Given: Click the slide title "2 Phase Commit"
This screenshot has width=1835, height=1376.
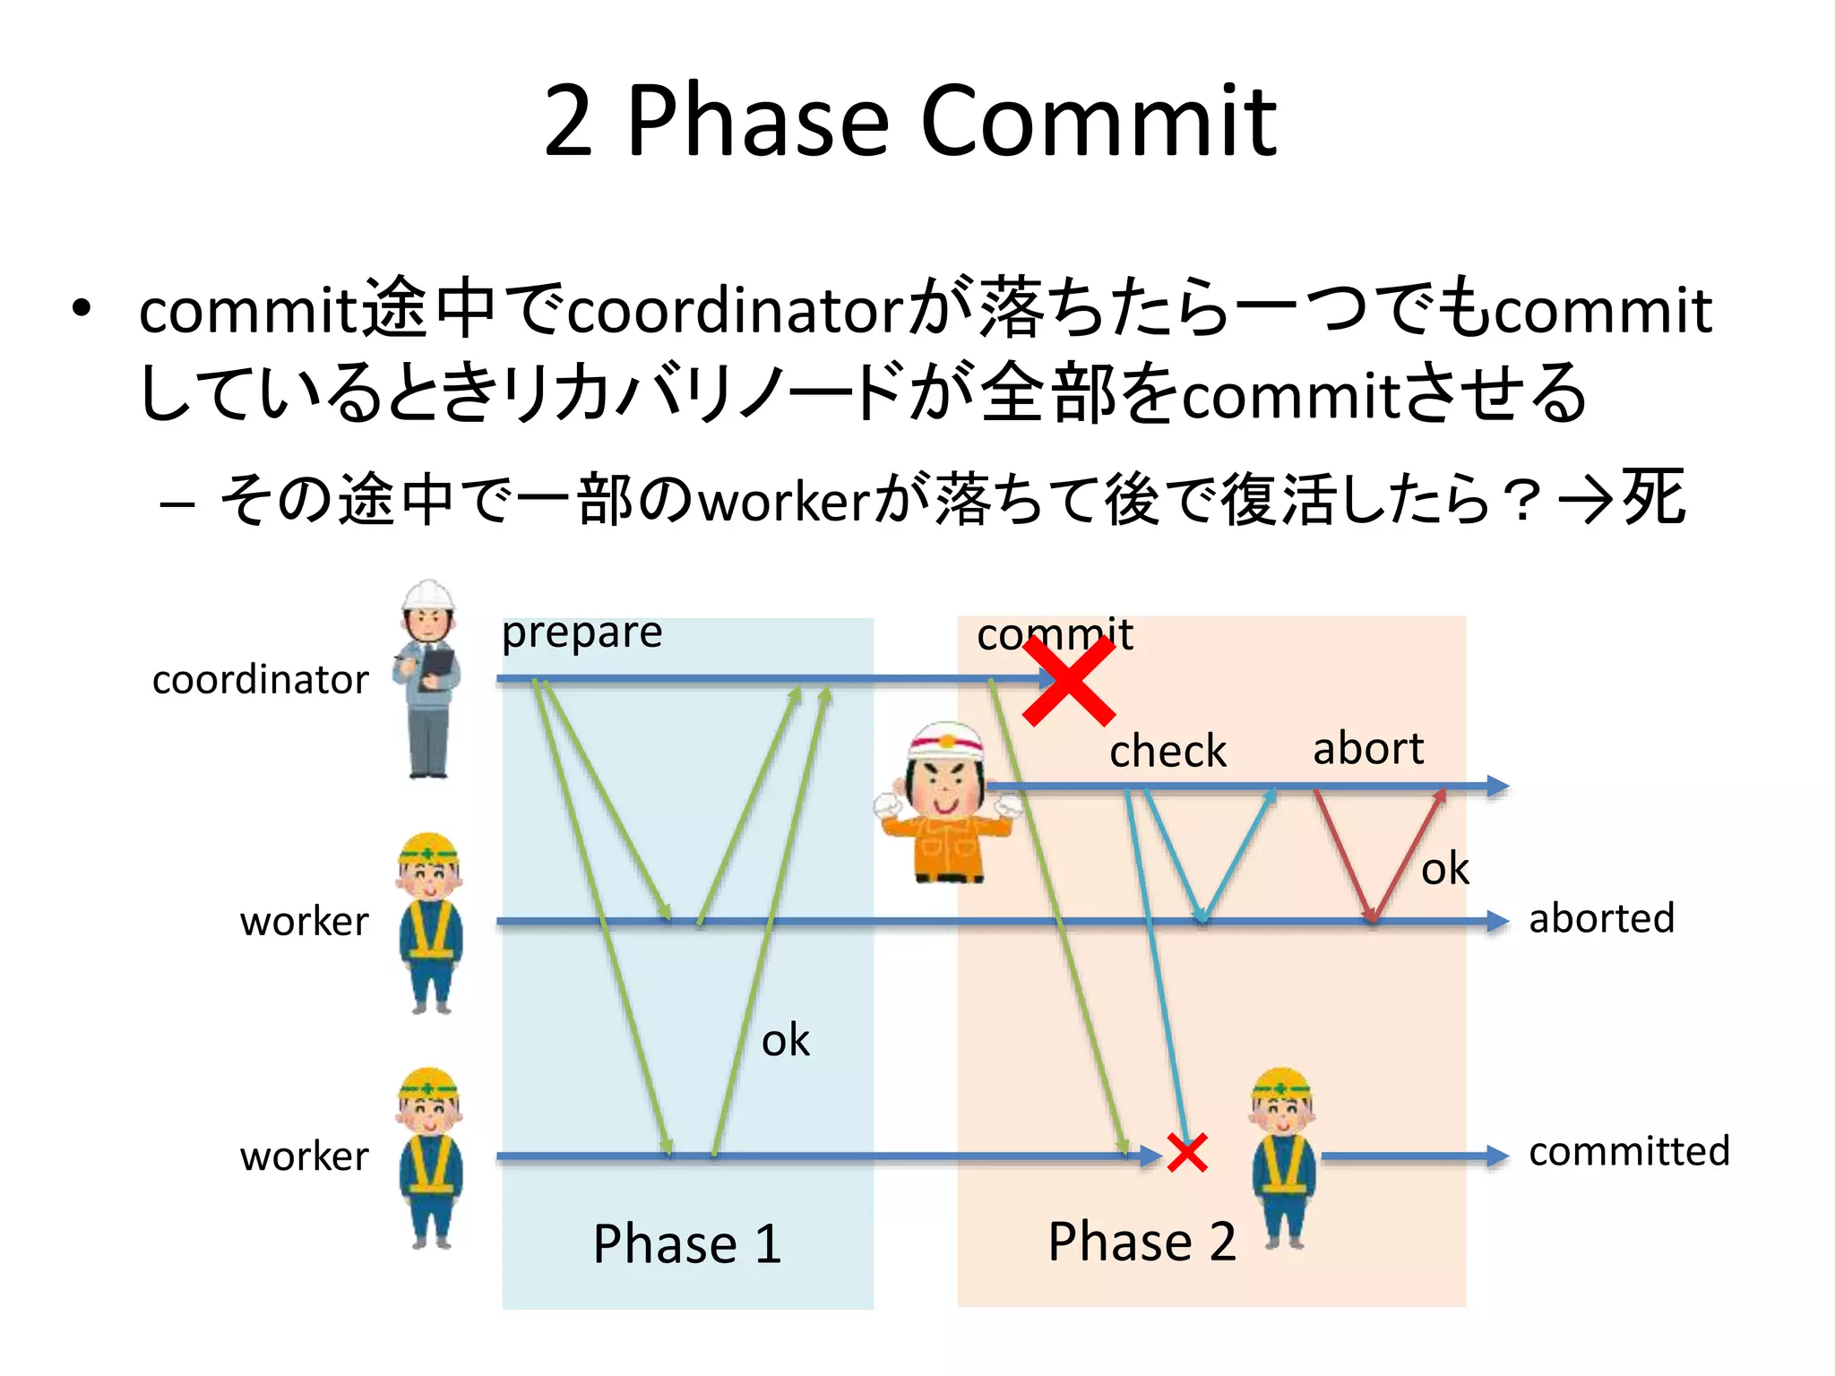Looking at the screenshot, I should tap(909, 120).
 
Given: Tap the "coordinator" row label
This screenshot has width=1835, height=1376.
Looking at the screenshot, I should tap(260, 680).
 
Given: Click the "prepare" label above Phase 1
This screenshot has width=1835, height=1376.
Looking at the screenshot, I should tap(582, 633).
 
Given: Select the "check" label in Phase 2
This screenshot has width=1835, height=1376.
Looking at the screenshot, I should tap(1167, 751).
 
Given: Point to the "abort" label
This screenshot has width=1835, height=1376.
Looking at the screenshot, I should tap(1367, 749).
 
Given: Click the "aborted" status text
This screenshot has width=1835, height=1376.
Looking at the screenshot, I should tap(1601, 919).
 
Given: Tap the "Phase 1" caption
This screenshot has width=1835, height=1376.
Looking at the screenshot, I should tap(687, 1243).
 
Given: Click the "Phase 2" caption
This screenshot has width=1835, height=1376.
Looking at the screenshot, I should tap(1141, 1242).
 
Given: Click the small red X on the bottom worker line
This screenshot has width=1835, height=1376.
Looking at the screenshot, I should tap(1187, 1153).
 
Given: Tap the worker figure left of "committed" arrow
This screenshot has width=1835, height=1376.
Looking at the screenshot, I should tap(1283, 1156).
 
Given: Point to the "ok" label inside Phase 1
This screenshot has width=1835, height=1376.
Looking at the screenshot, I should tap(785, 1041).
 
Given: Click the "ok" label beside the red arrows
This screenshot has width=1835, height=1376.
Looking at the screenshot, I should tap(1444, 869).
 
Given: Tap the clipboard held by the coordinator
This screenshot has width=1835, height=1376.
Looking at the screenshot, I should tap(438, 663).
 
